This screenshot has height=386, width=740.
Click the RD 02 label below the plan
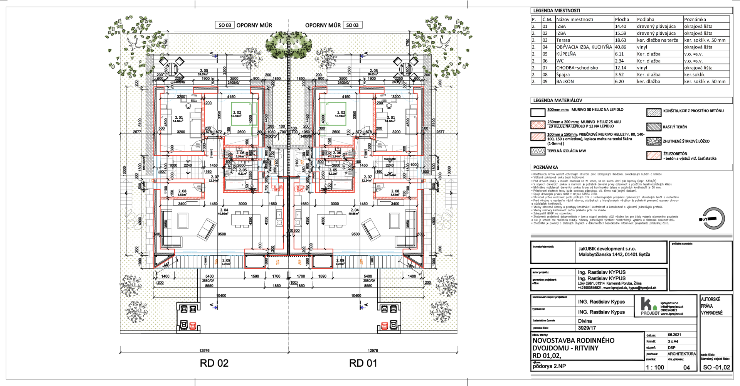(214, 363)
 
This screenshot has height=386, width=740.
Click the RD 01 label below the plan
(363, 363)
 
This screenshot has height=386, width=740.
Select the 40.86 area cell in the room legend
(621, 47)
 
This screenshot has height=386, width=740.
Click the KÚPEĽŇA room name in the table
(566, 54)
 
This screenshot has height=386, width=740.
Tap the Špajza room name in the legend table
(563, 74)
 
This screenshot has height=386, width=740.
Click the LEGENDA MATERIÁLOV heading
(557, 100)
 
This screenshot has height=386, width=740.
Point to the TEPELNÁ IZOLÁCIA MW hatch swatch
(538, 151)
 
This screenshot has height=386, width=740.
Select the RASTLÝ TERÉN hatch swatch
(654, 127)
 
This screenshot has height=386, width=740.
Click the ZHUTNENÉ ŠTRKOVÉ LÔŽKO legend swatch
(654, 141)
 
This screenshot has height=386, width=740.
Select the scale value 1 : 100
(655, 367)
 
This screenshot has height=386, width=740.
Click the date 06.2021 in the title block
(674, 335)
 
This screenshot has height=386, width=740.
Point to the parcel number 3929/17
(587, 328)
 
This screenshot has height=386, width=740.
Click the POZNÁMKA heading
(545, 167)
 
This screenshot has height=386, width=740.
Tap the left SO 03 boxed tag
(225, 25)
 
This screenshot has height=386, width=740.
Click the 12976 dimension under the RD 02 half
(204, 351)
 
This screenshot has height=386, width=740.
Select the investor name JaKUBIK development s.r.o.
(607, 249)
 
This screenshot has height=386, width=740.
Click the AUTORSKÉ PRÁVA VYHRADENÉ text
(711, 306)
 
